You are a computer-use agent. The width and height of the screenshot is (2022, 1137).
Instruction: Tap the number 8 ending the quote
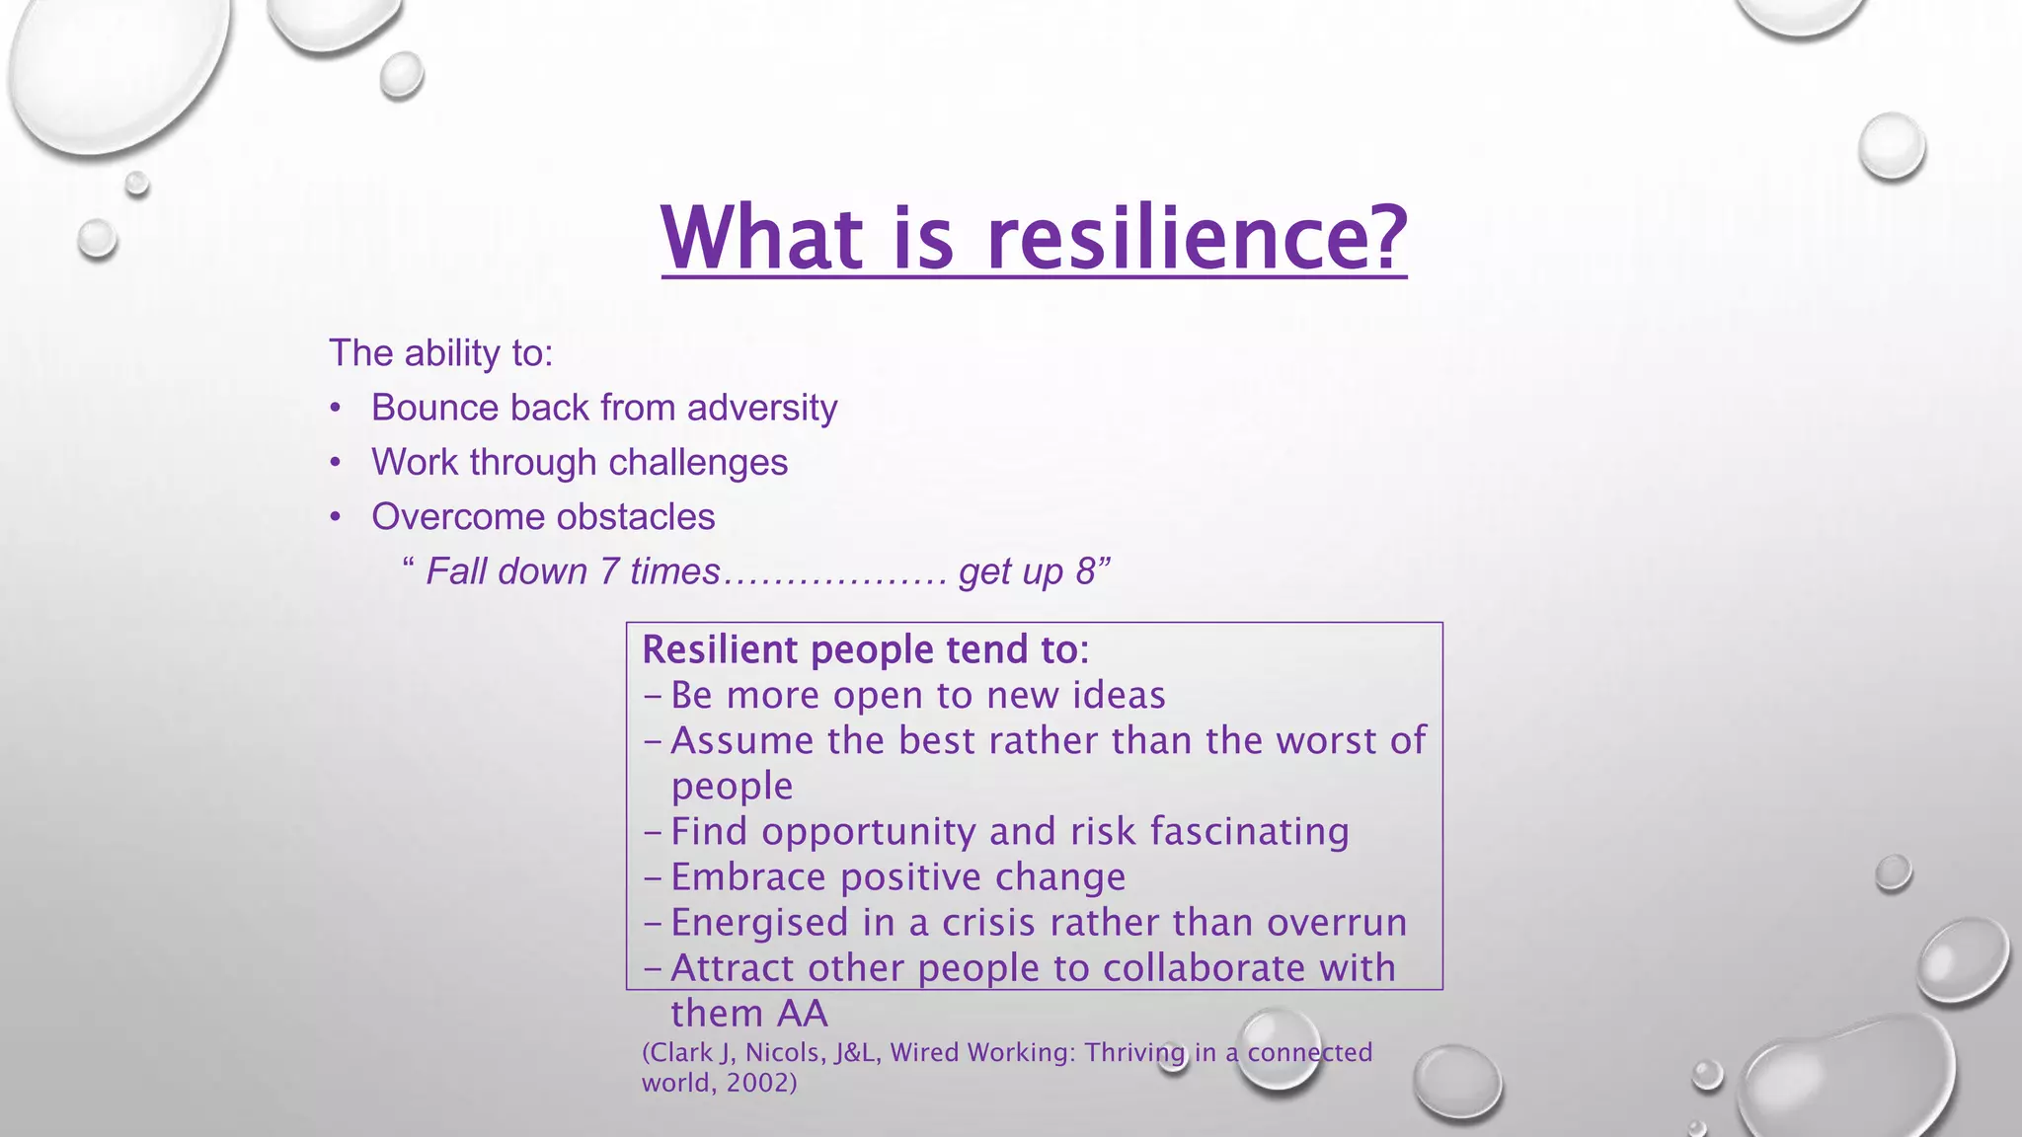click(1085, 571)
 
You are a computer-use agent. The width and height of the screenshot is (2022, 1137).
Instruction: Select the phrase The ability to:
click(440, 353)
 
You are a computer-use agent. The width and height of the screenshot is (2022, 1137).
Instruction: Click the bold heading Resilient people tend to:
click(865, 649)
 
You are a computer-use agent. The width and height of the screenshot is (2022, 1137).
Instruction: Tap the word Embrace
click(748, 877)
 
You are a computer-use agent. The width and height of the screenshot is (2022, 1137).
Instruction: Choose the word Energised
click(759, 923)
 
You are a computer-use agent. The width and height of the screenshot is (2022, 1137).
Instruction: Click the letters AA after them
click(803, 1014)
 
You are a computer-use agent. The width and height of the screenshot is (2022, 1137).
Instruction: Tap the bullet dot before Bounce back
click(336, 409)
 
